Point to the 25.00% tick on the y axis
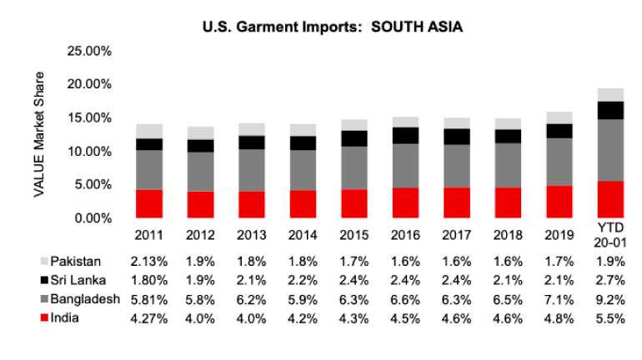(88, 52)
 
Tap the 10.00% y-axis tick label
(88, 152)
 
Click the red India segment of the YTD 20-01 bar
(611, 199)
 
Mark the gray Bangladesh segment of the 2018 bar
(509, 165)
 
